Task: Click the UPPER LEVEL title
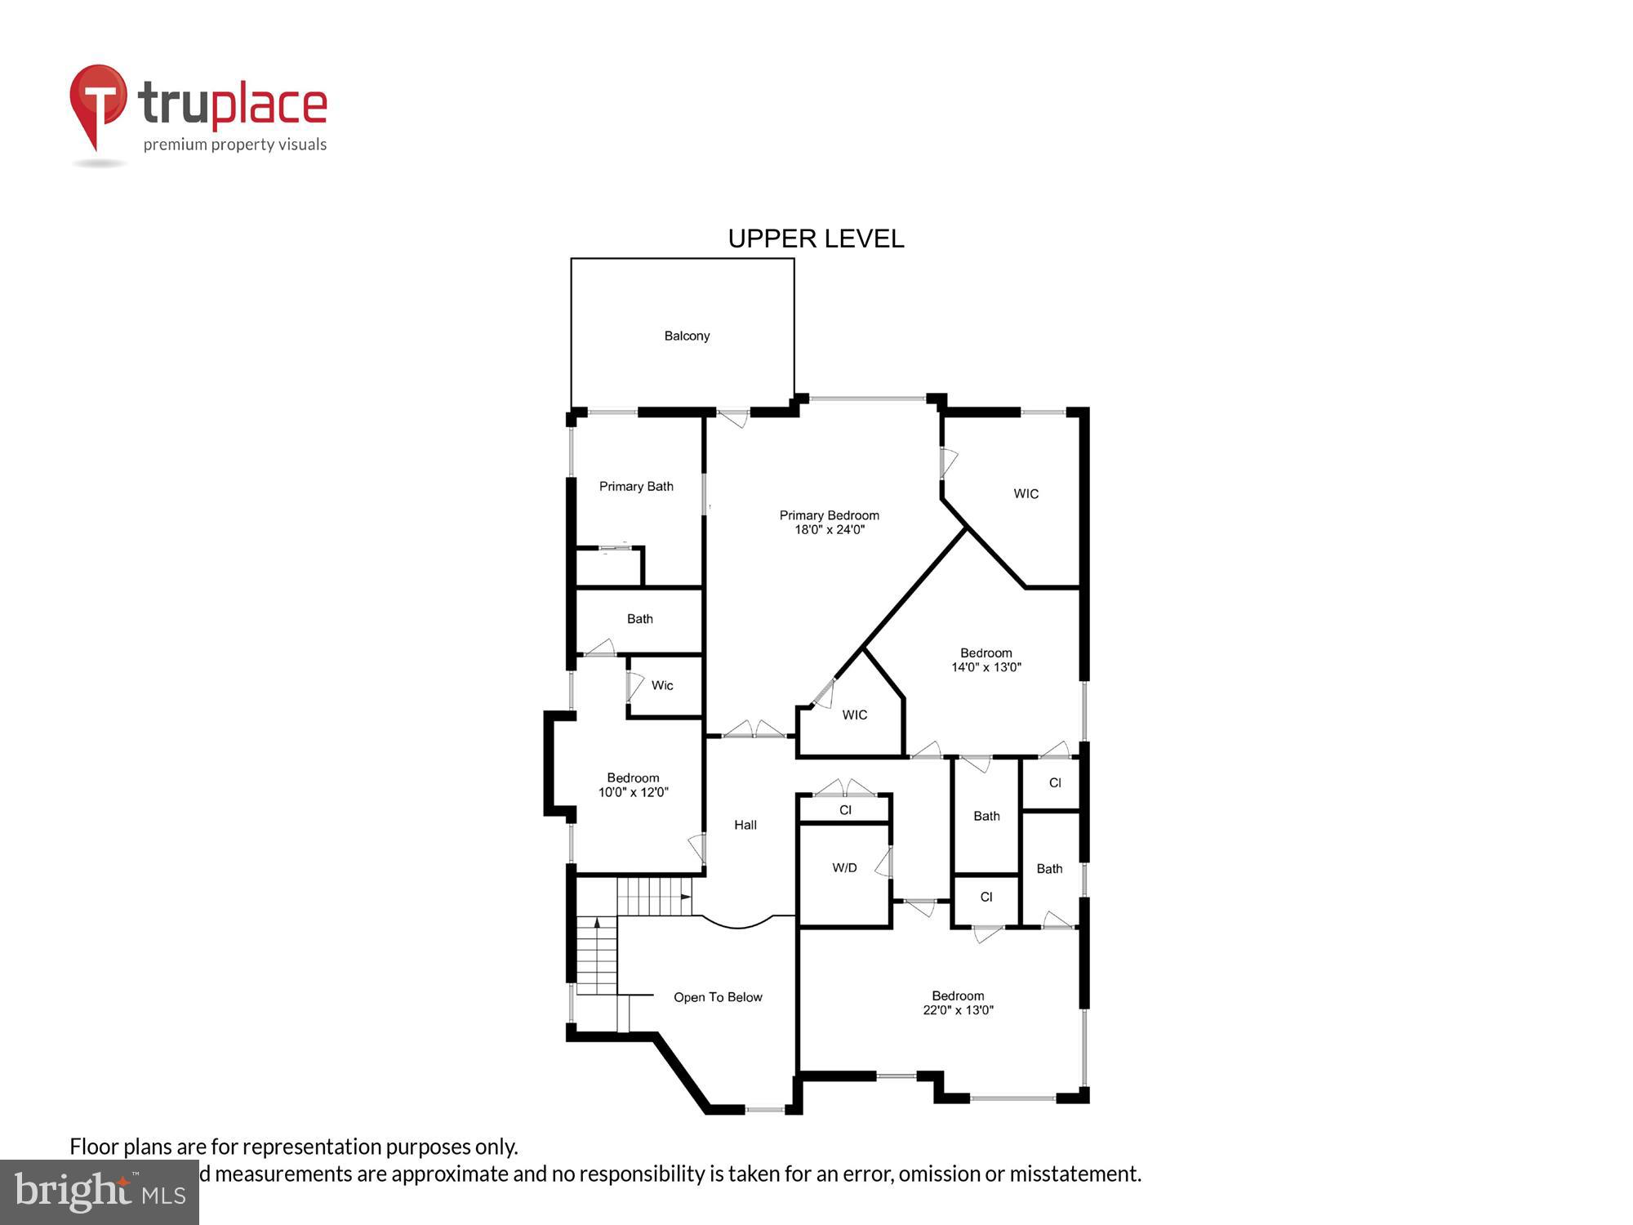click(816, 238)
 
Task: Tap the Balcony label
click(687, 336)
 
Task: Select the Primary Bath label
click(636, 487)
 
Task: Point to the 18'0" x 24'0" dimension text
click(830, 529)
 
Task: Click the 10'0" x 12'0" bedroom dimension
click(633, 792)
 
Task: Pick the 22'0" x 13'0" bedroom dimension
click(958, 1010)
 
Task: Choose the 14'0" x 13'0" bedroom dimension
click(986, 667)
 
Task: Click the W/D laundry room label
click(844, 867)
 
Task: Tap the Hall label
click(745, 825)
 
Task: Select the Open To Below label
click(718, 997)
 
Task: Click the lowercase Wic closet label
click(662, 685)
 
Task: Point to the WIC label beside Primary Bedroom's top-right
click(1026, 494)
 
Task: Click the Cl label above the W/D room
click(845, 810)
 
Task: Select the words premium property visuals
click(235, 145)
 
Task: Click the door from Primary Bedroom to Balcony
click(732, 418)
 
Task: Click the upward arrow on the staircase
click(597, 923)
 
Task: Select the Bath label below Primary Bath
click(639, 619)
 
